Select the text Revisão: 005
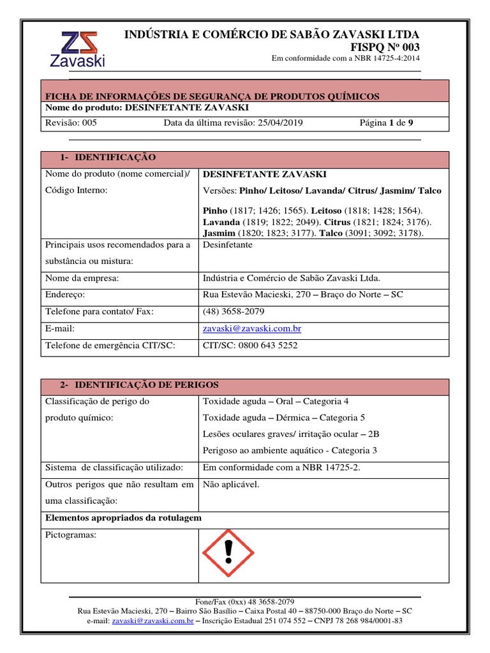[71, 122]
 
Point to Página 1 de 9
[391, 122]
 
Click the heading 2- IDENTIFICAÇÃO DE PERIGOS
[139, 385]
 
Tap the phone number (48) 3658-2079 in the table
[233, 312]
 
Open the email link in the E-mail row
[251, 328]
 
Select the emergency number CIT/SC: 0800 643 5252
[249, 346]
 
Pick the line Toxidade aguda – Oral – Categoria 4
[276, 402]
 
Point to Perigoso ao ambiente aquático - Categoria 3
[290, 450]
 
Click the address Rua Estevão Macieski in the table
[302, 295]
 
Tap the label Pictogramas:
[71, 535]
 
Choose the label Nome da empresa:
[82, 278]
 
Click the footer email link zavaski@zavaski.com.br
[152, 620]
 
